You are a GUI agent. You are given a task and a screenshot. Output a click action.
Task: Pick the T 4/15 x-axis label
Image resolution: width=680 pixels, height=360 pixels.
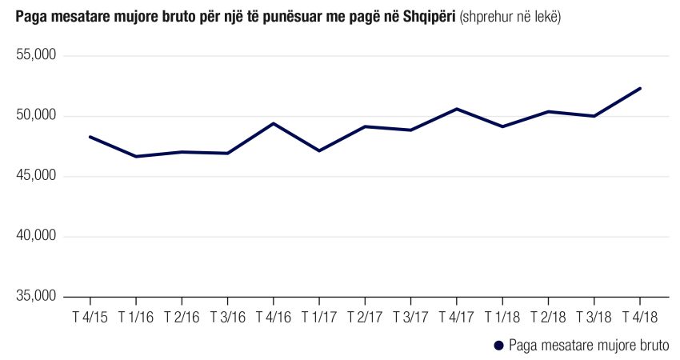coord(90,318)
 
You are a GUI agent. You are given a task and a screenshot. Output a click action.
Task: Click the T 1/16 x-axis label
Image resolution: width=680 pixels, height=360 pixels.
coord(135,318)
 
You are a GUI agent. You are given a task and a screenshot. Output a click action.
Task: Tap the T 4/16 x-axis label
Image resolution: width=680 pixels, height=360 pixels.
coord(273,318)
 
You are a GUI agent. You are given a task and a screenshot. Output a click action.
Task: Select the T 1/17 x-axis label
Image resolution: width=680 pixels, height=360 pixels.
coord(319,318)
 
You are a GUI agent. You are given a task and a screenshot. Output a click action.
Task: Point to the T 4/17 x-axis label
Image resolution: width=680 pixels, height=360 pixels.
coord(457,318)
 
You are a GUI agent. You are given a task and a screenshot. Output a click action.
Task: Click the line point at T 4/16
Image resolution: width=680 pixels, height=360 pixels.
coord(273,123)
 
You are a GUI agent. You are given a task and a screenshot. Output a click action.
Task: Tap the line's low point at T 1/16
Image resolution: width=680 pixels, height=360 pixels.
coord(135,156)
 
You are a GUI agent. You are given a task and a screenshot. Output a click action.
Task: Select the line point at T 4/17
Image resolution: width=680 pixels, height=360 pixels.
coord(457,109)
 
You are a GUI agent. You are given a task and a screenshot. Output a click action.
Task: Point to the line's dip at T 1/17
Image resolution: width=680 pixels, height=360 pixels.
coord(319,150)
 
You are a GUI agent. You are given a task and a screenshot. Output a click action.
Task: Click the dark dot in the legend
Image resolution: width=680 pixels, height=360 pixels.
coord(498,346)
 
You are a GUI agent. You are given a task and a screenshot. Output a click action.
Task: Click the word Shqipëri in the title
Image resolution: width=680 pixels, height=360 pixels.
coord(429,17)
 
